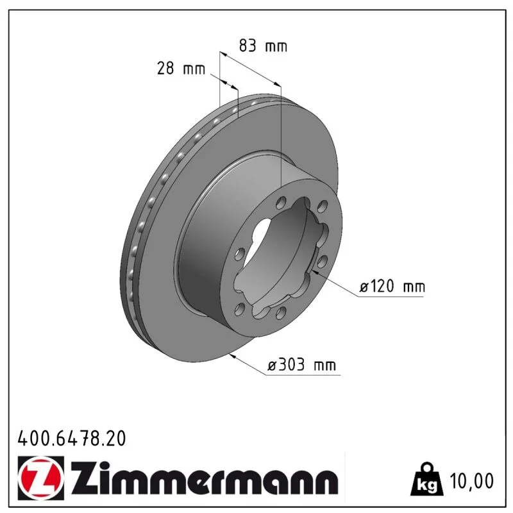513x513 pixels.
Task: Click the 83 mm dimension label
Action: [x=263, y=46]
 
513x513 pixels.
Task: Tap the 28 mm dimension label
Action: [x=181, y=69]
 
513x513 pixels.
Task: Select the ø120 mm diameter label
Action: [x=392, y=286]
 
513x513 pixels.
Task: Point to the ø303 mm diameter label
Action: [x=301, y=364]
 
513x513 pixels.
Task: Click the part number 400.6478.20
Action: [x=72, y=439]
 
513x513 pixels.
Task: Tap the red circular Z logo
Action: [x=40, y=478]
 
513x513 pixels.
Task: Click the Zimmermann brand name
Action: [x=204, y=478]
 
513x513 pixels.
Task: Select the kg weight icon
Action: [x=427, y=479]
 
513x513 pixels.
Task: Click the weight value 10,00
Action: [x=472, y=481]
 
